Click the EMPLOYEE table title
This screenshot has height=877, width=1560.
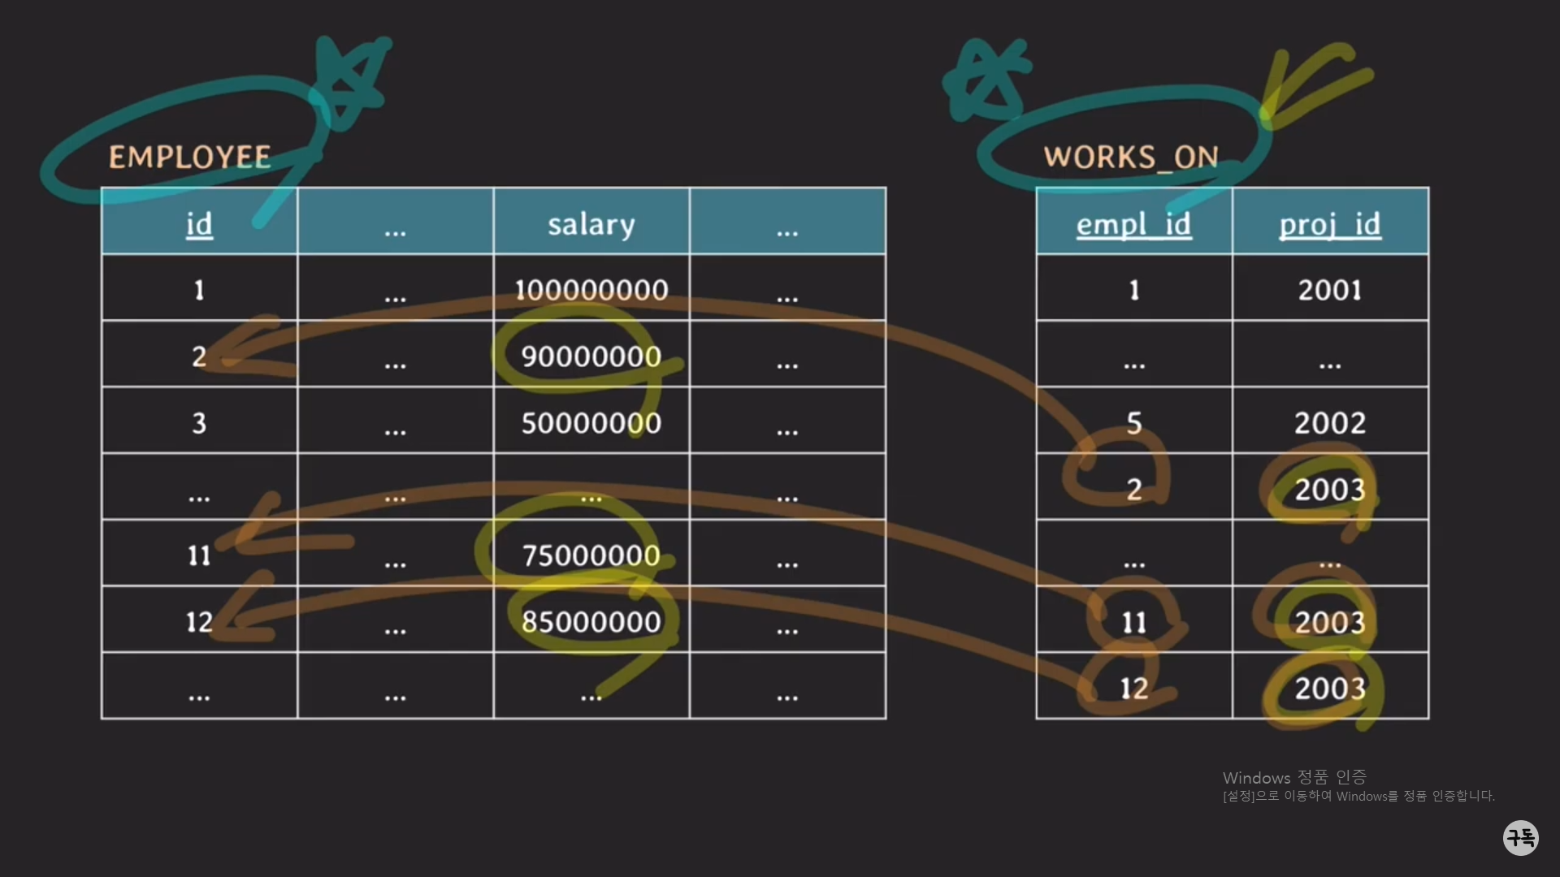coord(189,157)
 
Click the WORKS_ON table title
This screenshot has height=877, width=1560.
coord(1131,157)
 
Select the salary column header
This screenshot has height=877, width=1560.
coord(591,224)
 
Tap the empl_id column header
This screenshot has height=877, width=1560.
coord(1133,224)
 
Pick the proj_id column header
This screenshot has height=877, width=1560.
coord(1330,224)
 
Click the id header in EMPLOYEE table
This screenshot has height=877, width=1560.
coord(199,224)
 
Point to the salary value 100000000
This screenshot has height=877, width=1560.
coord(591,290)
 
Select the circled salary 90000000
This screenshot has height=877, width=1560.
coord(591,356)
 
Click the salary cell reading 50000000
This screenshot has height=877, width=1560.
coord(591,423)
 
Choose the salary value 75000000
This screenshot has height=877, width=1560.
coord(591,555)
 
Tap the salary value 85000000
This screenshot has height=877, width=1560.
coord(591,622)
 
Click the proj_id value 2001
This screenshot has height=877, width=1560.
coord(1330,290)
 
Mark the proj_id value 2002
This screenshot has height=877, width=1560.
coord(1330,423)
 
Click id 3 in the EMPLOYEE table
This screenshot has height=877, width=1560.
coord(199,423)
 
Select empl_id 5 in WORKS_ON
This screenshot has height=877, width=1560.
coord(1134,423)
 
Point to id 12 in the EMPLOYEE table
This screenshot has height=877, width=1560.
coord(199,622)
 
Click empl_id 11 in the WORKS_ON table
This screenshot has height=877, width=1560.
coord(1134,622)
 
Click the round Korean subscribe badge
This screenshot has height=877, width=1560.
coord(1520,837)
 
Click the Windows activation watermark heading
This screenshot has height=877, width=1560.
coord(1294,778)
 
